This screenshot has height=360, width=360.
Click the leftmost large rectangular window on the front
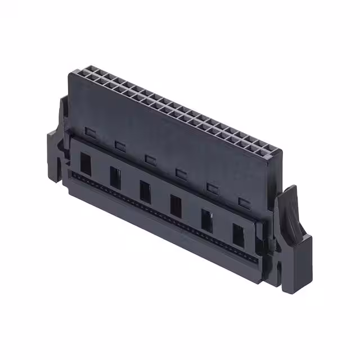[x=85, y=163]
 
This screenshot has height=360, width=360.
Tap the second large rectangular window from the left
[x=115, y=177]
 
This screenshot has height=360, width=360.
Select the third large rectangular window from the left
[x=145, y=191]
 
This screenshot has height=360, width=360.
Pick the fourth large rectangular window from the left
[x=176, y=205]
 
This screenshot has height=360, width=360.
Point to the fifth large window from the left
[x=207, y=220]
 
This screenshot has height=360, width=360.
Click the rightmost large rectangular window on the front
[x=239, y=235]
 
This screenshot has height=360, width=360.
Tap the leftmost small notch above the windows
[x=91, y=132]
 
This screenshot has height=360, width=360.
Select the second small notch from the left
[x=120, y=145]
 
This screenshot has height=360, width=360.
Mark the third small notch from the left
[x=150, y=159]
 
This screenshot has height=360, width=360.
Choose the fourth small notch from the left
[x=181, y=173]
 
